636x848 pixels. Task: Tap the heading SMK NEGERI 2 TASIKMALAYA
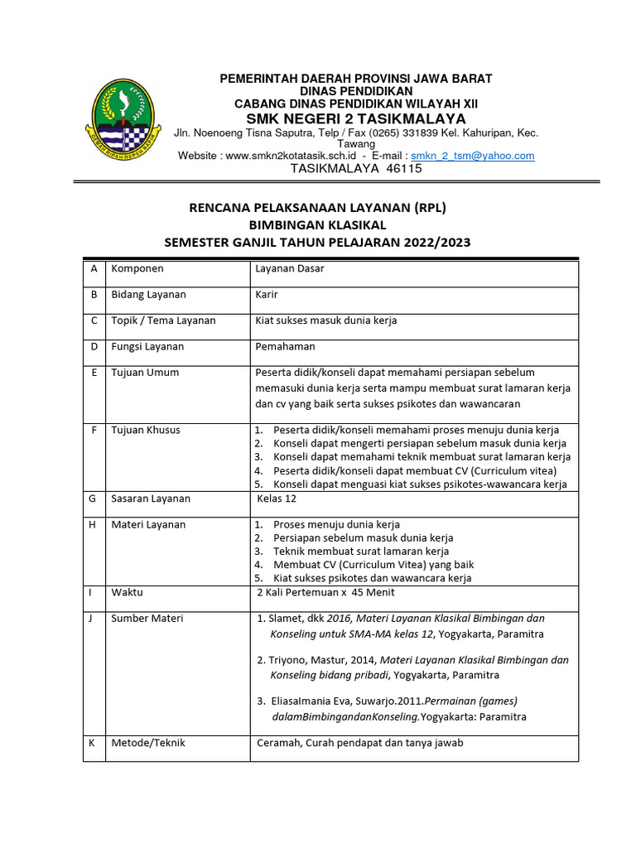point(355,118)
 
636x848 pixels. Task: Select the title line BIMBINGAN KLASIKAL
point(318,224)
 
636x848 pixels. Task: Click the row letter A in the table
point(94,269)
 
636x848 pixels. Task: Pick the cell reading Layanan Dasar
point(290,269)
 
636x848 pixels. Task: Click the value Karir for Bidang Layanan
point(267,295)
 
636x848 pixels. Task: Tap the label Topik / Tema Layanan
point(163,320)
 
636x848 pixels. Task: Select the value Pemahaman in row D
point(285,347)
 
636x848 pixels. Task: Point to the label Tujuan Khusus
point(146,430)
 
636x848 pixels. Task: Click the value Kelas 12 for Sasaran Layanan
point(277,499)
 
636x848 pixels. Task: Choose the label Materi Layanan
point(148,525)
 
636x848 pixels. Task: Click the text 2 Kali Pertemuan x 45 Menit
point(326,593)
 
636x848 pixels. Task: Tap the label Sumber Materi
point(147,619)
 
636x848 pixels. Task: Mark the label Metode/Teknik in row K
point(148,743)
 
